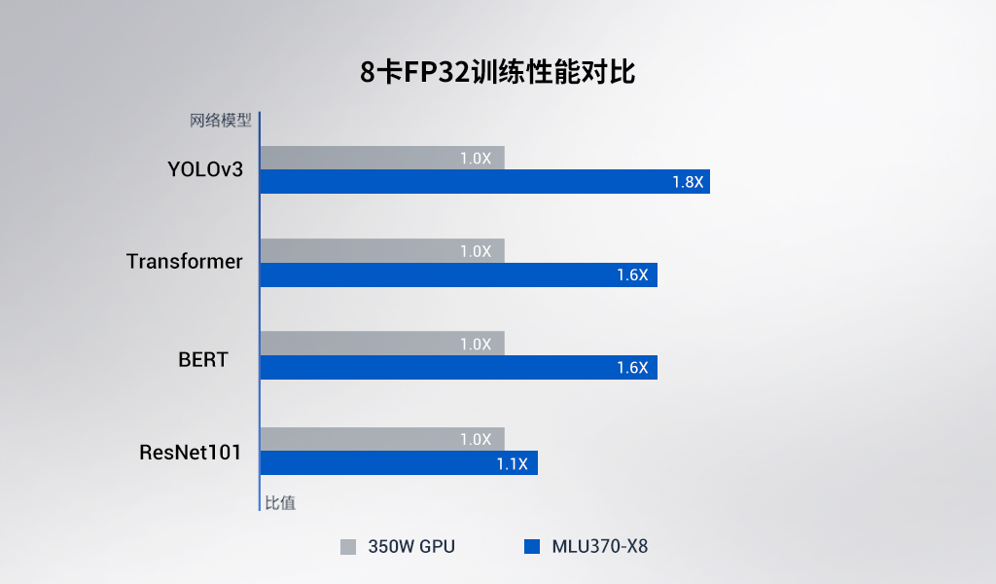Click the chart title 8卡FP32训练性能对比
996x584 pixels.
tap(497, 73)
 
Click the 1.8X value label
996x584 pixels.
tap(687, 182)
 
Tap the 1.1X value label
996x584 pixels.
tap(512, 464)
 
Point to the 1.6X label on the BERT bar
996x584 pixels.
tap(632, 368)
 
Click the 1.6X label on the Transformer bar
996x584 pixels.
tap(632, 275)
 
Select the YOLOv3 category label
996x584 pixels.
tap(204, 169)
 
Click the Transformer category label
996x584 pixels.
tap(185, 262)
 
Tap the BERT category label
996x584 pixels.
tap(203, 359)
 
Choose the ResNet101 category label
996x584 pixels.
tap(190, 453)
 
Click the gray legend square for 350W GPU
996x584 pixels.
tap(348, 547)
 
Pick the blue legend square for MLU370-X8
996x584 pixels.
tap(531, 547)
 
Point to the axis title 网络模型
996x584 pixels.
tap(221, 122)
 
